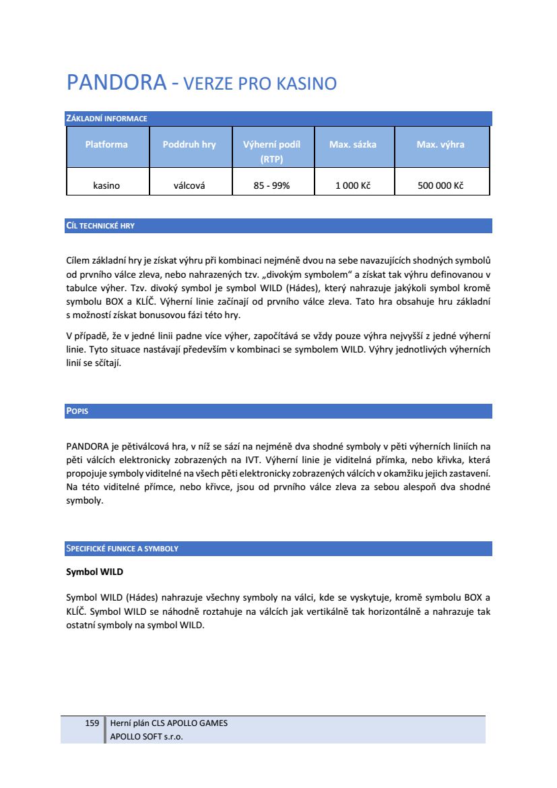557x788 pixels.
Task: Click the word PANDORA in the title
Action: click(x=116, y=83)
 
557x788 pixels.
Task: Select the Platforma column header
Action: click(x=106, y=144)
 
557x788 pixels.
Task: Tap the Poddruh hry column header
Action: click(x=189, y=144)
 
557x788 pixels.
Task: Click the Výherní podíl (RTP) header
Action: click(x=271, y=152)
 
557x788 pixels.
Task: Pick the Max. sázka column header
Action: click(x=353, y=144)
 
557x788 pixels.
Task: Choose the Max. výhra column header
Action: click(x=440, y=144)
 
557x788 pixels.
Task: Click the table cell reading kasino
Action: click(x=106, y=185)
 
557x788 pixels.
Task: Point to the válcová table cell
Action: click(x=189, y=185)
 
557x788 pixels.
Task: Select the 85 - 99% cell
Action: click(x=271, y=185)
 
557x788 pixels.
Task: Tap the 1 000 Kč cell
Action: click(x=353, y=185)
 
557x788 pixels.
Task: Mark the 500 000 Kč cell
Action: click(x=440, y=185)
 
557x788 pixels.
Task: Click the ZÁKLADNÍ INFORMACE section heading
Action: click(x=106, y=119)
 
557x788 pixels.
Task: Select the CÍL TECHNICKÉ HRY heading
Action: click(x=100, y=226)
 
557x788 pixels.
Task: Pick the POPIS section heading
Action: click(x=77, y=411)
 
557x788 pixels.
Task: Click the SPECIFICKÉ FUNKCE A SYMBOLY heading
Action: click(x=122, y=549)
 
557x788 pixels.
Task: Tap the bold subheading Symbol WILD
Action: click(x=94, y=572)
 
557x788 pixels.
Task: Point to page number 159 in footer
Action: click(x=92, y=723)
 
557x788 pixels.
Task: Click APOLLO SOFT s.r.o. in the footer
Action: click(x=146, y=736)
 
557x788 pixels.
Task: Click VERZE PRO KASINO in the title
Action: click(x=260, y=84)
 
